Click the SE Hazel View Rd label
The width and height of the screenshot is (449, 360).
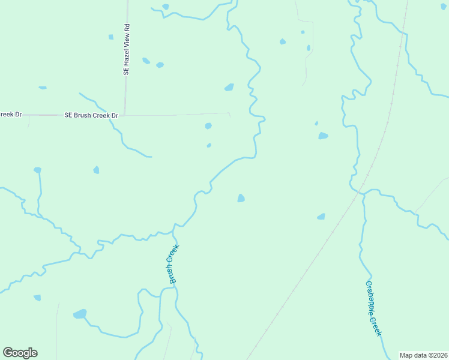(127, 49)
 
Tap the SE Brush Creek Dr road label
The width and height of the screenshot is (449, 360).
(91, 115)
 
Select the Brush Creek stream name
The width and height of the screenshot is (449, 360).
(174, 263)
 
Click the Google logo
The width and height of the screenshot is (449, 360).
(20, 353)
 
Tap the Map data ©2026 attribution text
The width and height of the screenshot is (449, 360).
(423, 355)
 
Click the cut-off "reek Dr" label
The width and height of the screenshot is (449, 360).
(10, 114)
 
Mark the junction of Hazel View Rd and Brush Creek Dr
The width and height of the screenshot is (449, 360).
(125, 115)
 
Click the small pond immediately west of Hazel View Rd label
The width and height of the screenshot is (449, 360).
(111, 37)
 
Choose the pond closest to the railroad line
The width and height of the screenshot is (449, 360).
(321, 217)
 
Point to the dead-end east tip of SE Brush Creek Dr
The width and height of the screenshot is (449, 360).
(230, 113)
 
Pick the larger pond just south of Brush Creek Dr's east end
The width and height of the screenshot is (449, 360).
(208, 126)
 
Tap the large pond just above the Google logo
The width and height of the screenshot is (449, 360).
(80, 314)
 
